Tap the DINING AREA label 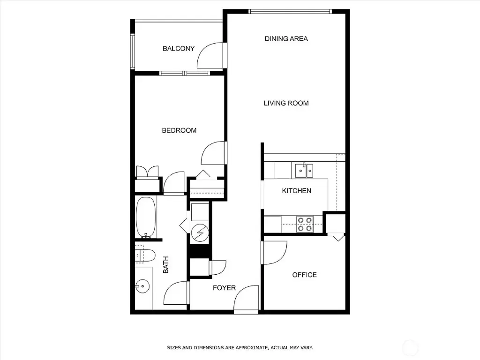point(286,38)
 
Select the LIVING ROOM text point(286,103)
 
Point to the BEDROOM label point(179,130)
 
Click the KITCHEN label point(296,191)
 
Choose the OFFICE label point(304,275)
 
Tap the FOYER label point(224,288)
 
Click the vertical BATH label point(165,264)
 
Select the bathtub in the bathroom point(145,218)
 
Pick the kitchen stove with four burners point(305,224)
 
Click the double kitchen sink point(304,171)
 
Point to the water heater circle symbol point(199,232)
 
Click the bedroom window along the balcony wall point(185,73)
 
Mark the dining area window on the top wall point(290,11)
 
